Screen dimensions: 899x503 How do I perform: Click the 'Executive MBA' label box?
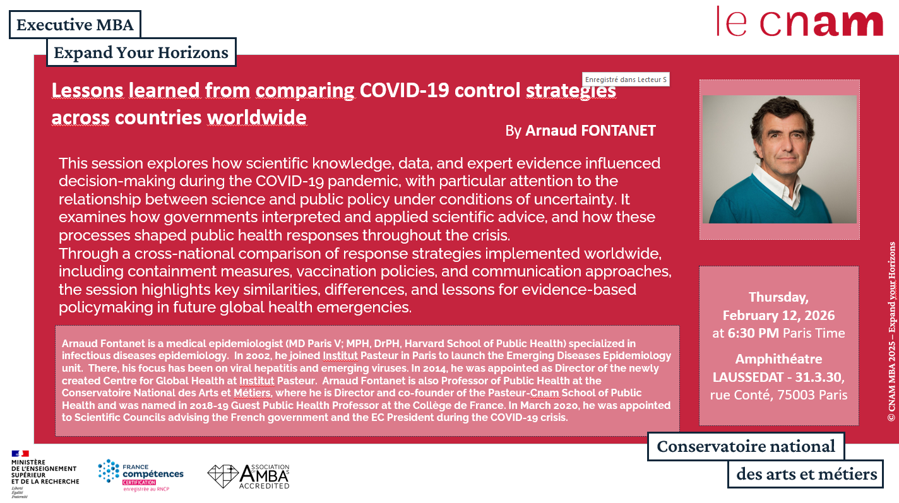click(75, 25)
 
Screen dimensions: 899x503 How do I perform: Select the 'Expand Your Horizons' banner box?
click(141, 52)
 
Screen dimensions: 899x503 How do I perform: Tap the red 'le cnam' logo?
click(800, 21)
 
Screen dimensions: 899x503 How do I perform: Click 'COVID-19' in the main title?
click(404, 90)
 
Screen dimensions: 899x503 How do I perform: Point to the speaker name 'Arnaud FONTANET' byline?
click(590, 131)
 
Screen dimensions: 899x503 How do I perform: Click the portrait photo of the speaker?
click(780, 159)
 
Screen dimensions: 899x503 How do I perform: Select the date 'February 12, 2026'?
click(778, 316)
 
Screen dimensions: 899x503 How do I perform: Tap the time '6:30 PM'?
click(753, 333)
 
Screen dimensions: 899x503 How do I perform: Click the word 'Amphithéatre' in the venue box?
click(778, 358)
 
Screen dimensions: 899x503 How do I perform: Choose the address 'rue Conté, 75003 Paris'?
click(778, 394)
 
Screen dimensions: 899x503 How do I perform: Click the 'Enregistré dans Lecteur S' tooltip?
click(626, 80)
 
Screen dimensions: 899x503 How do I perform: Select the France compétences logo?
click(141, 475)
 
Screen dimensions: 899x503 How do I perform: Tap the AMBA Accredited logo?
click(249, 476)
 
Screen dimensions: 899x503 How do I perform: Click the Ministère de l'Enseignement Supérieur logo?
click(45, 474)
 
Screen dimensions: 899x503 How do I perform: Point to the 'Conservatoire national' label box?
click(746, 446)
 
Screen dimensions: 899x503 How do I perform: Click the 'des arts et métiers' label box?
click(806, 474)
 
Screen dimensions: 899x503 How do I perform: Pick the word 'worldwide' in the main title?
click(257, 117)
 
